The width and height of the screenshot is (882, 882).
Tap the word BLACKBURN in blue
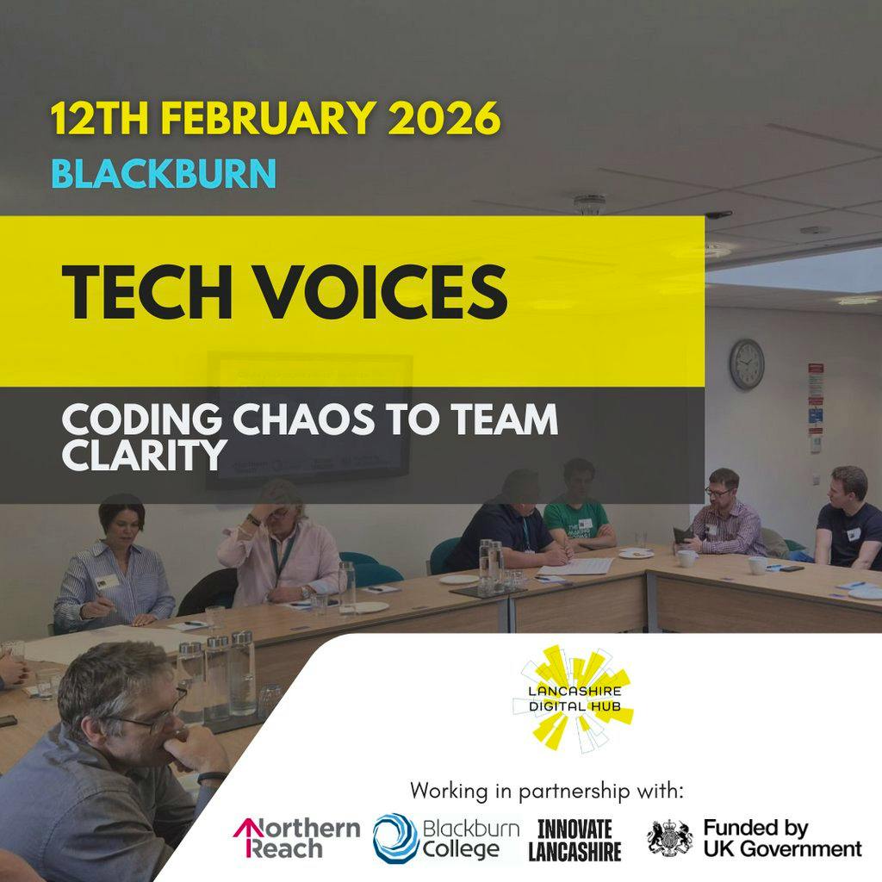pyautogui.click(x=164, y=173)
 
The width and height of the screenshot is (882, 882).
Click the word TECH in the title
pyautogui.click(x=146, y=291)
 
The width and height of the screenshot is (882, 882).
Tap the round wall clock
pyautogui.click(x=747, y=364)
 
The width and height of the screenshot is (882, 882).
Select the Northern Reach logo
pyautogui.click(x=297, y=838)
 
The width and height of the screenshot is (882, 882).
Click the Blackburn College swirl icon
pyautogui.click(x=395, y=838)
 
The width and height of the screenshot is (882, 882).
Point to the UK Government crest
pyautogui.click(x=669, y=838)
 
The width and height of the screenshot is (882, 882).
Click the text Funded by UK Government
pyautogui.click(x=781, y=838)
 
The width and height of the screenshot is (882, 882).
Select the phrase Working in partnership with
pyautogui.click(x=547, y=790)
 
